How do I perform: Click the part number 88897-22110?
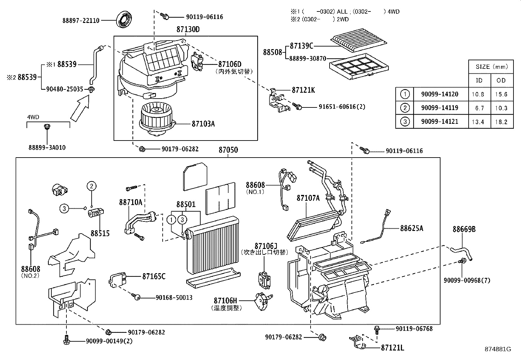coord(81,20)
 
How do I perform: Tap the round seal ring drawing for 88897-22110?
coord(124,20)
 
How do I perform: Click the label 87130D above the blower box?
coord(188,29)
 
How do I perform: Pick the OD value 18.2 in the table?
coord(501,122)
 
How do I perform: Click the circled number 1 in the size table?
coord(405,94)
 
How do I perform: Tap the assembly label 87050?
coord(228,150)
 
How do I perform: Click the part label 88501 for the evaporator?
coord(186,204)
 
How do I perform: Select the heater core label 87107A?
coord(308,198)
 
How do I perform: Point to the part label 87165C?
coord(154,276)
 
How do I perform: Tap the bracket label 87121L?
coord(392,348)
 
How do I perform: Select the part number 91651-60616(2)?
coord(342,107)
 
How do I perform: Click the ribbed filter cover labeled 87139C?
coord(359,39)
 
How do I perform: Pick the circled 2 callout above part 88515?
coord(92,186)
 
